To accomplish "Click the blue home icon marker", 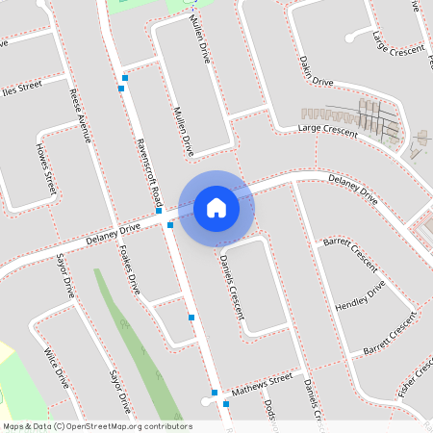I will click(x=216, y=207).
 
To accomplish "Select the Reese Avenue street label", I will click(x=81, y=115).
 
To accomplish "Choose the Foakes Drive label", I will click(x=128, y=271).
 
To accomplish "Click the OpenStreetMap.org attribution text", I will click(x=96, y=426).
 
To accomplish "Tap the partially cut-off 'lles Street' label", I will click(x=22, y=86).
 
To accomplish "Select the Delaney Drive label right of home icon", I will click(x=352, y=188).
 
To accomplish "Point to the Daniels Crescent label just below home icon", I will click(x=232, y=284).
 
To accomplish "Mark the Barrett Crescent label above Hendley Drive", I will click(x=349, y=255).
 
